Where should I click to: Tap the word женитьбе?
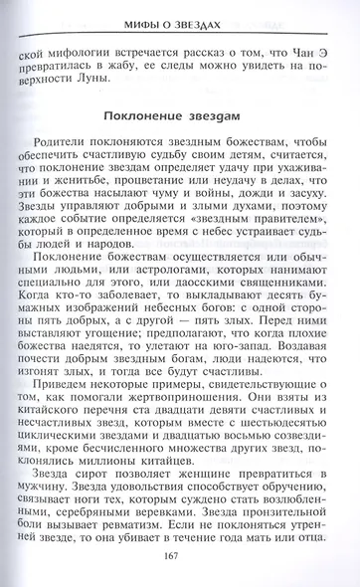(94, 184)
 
